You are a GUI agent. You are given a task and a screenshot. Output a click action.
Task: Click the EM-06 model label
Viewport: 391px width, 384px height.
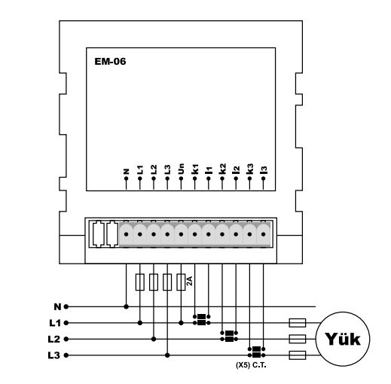coord(110,62)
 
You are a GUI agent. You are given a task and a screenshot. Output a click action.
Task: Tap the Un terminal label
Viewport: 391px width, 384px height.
coord(181,169)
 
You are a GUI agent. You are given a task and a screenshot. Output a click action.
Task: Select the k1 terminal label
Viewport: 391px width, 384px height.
coord(195,169)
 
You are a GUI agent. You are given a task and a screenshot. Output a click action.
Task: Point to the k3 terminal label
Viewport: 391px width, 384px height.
coord(249,169)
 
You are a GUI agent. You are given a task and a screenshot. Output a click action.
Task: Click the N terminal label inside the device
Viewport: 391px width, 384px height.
coord(127,172)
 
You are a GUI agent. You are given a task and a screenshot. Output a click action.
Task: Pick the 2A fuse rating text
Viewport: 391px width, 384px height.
coord(189,281)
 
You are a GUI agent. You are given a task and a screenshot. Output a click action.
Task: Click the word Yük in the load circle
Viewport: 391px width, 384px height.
coord(343,339)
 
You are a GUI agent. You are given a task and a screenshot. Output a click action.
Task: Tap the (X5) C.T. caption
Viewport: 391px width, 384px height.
coord(251,365)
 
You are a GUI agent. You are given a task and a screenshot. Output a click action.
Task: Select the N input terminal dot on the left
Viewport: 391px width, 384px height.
coord(66,306)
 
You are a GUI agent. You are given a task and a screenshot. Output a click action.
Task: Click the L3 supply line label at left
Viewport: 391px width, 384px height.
coord(54,355)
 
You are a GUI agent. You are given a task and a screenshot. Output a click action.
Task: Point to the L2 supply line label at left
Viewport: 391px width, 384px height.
coord(54,340)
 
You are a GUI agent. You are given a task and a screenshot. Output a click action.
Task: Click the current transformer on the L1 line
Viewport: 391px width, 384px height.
coord(202,320)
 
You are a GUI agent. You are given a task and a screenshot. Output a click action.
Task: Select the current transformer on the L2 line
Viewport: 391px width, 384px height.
coord(229,336)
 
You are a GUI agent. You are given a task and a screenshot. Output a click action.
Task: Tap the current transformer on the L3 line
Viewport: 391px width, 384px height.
coord(256,352)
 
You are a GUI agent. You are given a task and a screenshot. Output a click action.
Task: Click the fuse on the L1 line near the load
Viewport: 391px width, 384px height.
coord(298,323)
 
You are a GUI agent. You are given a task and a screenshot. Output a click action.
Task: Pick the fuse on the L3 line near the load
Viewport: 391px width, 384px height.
coord(298,355)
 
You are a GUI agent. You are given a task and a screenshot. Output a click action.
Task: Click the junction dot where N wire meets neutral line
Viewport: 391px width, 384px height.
coord(127,306)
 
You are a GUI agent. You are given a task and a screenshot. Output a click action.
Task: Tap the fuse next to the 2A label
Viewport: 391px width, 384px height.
coord(181,282)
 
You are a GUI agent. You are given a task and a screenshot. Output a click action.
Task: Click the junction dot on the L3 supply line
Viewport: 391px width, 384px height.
coord(167,355)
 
